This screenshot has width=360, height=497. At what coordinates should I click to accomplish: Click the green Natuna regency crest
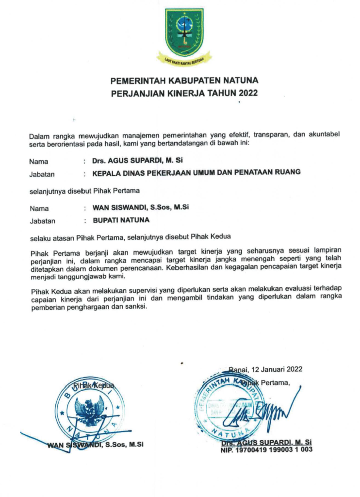pos(184,33)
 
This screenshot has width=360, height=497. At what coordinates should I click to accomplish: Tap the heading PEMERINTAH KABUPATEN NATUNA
pos(184,80)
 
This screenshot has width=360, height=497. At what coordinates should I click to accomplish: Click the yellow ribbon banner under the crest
pos(184,60)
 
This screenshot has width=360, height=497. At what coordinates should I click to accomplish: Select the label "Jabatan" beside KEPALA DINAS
pos(42,173)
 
